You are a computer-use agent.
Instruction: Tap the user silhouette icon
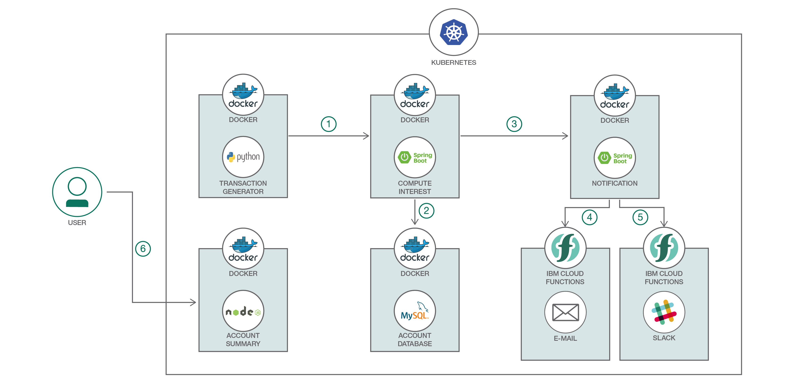[77, 192]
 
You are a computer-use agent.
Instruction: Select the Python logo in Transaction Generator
[243, 157]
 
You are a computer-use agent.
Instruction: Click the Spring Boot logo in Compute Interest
[415, 158]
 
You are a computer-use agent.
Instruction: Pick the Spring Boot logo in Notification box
[615, 158]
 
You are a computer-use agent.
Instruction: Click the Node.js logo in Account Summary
[243, 312]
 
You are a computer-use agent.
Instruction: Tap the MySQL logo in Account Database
[415, 312]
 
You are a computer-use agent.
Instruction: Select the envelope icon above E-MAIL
[565, 312]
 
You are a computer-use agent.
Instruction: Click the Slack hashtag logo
[664, 312]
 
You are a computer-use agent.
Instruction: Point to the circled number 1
[329, 124]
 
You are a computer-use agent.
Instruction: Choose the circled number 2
[426, 211]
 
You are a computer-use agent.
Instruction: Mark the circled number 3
[514, 124]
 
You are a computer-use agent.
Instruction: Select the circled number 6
[143, 249]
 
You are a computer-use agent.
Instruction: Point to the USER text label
[77, 223]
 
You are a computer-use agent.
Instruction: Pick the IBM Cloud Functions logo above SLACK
[664, 248]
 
